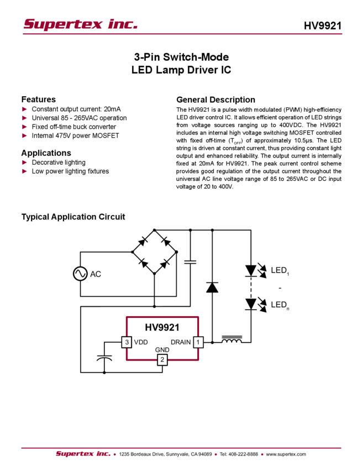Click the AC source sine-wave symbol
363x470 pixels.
80,274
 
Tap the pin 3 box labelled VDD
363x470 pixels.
127,342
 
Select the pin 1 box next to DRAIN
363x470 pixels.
198,342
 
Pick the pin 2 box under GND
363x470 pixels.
162,359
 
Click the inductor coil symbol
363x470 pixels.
232,340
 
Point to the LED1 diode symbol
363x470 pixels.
251,271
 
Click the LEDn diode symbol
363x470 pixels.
251,304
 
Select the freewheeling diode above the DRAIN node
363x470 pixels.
212,287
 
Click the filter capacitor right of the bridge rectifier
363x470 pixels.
190,262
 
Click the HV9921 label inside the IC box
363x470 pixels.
162,327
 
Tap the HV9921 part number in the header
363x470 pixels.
323,26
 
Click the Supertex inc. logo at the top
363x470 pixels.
80,24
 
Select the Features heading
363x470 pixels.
38,99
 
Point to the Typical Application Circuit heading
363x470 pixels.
73,217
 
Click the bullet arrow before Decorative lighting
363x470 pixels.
24,163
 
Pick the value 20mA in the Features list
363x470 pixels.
112,109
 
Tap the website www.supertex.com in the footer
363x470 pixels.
286,454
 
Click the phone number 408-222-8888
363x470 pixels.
243,454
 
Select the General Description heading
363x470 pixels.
215,100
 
